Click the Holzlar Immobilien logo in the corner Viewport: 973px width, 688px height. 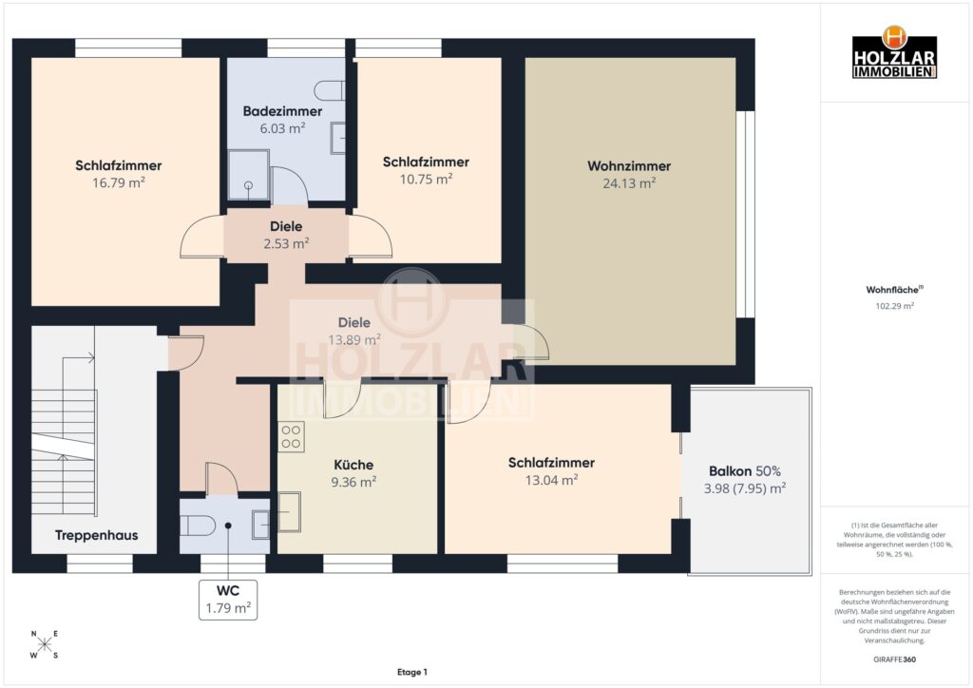[x=894, y=52]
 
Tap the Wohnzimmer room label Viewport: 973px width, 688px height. [x=629, y=166]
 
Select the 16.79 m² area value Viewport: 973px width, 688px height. [x=119, y=182]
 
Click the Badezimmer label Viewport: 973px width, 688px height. [x=282, y=112]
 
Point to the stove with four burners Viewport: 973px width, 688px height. [x=291, y=436]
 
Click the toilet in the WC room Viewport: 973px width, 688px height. [x=198, y=526]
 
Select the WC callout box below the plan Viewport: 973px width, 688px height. [x=228, y=600]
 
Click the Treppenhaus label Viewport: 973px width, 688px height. [x=96, y=535]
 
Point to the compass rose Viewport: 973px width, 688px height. [x=45, y=644]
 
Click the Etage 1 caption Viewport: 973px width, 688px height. [x=412, y=672]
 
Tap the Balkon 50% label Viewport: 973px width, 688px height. [x=745, y=471]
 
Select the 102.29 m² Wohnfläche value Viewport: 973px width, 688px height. [x=894, y=306]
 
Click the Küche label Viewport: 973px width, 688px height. [x=353, y=466]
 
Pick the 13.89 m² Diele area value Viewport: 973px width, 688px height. [x=354, y=340]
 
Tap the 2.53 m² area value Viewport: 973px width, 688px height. [x=286, y=244]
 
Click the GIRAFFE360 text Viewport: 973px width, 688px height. [x=894, y=659]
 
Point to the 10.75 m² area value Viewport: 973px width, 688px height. [x=427, y=180]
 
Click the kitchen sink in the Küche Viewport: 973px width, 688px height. [x=289, y=512]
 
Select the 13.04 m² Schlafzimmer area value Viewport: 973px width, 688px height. [x=552, y=480]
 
